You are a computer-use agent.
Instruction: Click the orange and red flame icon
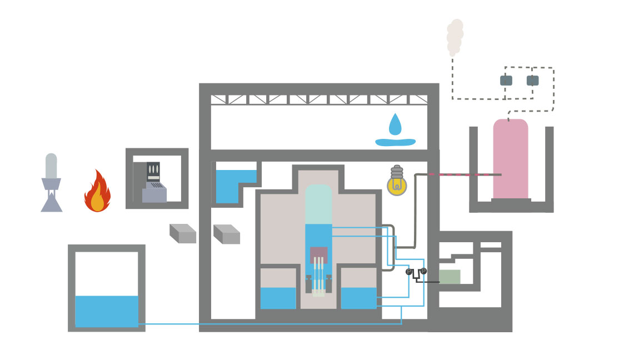(97, 192)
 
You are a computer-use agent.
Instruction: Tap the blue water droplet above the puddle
(395, 125)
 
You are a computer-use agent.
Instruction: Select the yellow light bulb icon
(397, 183)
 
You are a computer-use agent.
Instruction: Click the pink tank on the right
(511, 159)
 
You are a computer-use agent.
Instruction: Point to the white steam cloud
(455, 36)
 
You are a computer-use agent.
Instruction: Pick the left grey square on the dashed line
(506, 81)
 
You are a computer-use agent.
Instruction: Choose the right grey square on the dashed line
(532, 81)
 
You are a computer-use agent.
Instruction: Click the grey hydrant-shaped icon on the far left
(51, 183)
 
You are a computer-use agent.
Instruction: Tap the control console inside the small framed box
(153, 183)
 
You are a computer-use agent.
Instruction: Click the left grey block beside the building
(183, 234)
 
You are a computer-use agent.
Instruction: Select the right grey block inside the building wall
(227, 234)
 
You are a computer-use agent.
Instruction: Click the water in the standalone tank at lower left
(107, 311)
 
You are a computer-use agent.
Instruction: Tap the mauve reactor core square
(318, 254)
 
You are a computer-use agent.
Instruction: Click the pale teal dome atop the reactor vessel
(318, 204)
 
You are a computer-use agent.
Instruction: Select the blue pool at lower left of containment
(278, 298)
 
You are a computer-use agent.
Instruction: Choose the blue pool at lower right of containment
(358, 298)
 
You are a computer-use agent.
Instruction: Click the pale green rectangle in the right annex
(450, 277)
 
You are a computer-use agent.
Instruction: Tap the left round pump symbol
(409, 272)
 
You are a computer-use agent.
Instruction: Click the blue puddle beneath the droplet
(395, 142)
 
